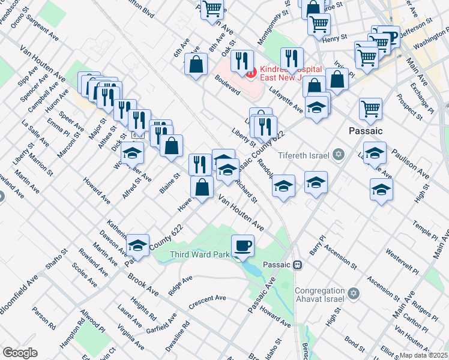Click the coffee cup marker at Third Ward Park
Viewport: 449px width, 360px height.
click(x=243, y=245)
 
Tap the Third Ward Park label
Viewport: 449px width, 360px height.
click(x=200, y=254)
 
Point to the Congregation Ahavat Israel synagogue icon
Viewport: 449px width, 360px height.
click(x=354, y=294)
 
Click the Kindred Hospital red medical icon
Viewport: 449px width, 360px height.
click(x=250, y=73)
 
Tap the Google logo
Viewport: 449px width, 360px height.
click(x=20, y=353)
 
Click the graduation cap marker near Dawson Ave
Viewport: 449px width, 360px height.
click(x=137, y=245)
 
